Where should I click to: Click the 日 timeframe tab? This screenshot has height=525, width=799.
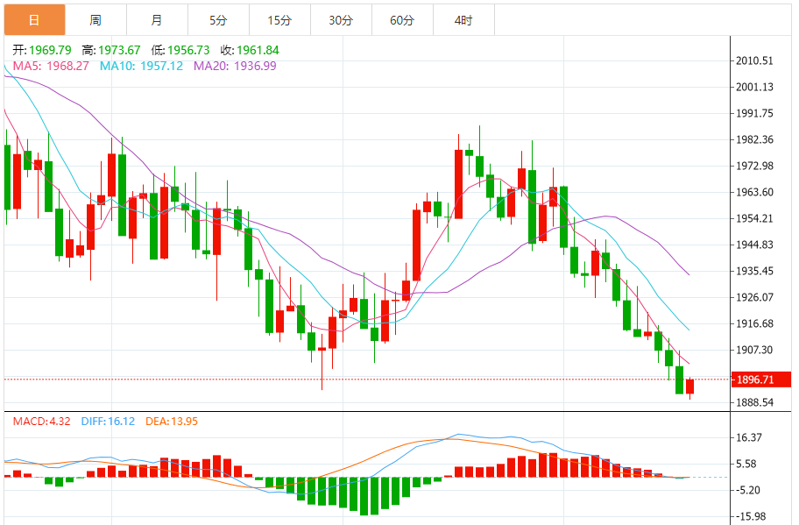tap(34, 19)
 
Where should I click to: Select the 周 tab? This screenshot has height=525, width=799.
tap(95, 19)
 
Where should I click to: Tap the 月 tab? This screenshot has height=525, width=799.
tap(156, 19)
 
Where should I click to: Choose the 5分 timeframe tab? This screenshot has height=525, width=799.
tap(218, 19)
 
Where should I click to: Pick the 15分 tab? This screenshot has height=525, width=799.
tap(279, 19)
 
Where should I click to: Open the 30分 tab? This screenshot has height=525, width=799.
tap(341, 19)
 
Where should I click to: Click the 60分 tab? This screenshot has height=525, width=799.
tap(402, 19)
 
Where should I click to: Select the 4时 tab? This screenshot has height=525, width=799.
tap(463, 19)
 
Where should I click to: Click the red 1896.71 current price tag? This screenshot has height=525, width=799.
tap(760, 380)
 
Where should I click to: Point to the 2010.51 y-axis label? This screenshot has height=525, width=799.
tap(755, 60)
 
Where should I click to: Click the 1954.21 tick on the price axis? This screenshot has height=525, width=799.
tap(755, 218)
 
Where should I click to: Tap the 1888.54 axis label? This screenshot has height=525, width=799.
tap(755, 402)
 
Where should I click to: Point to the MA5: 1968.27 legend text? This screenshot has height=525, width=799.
tap(51, 66)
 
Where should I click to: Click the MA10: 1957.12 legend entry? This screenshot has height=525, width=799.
tap(141, 66)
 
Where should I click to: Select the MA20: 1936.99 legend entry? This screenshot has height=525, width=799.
tap(235, 66)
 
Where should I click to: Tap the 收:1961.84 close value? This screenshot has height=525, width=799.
tap(250, 50)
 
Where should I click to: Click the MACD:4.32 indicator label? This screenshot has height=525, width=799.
tap(42, 421)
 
